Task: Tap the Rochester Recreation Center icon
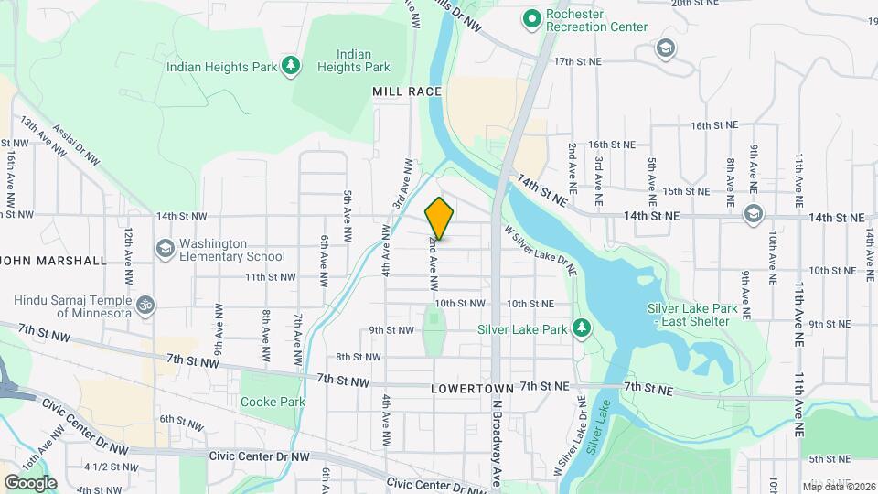point(530,17)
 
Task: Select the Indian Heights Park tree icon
point(291,65)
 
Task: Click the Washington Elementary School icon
point(165,248)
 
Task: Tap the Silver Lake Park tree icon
point(580,328)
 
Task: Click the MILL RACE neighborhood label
point(407,91)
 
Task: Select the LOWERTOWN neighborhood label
point(466,389)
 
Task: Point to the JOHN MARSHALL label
point(53,261)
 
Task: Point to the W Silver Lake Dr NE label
point(541,253)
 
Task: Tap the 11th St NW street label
point(270,276)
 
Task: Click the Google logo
point(30,482)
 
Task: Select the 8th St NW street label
point(359,357)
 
